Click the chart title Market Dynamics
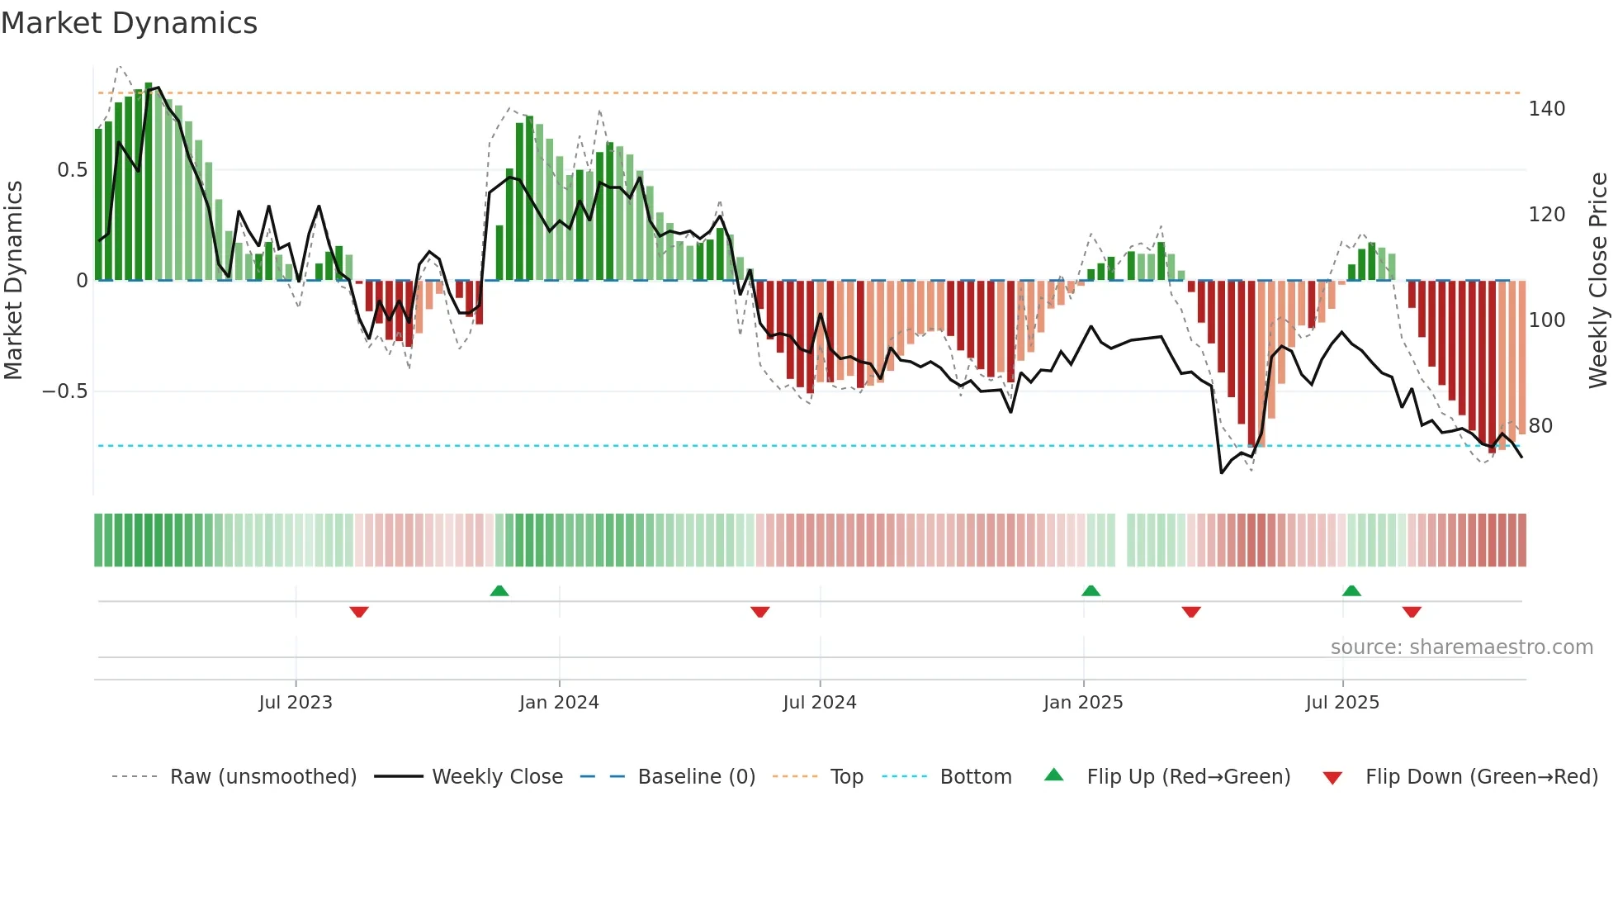(x=129, y=23)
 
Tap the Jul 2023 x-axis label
(x=295, y=703)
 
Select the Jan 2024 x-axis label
(x=559, y=703)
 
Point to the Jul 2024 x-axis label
(x=819, y=703)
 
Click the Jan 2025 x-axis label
(x=1082, y=703)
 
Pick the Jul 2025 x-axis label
(x=1341, y=703)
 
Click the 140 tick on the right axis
(x=1546, y=109)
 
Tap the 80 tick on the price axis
(x=1540, y=426)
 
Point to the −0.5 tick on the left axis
(x=64, y=391)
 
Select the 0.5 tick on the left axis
(x=72, y=170)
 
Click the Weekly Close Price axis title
(x=1598, y=281)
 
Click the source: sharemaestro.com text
(x=1461, y=647)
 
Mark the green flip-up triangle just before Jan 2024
(x=499, y=590)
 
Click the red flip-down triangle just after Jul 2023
(x=358, y=612)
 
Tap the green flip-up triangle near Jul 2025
(x=1351, y=590)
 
